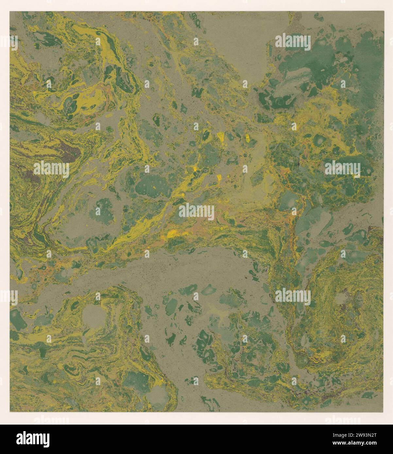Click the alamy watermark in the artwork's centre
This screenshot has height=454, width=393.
pos(196,211)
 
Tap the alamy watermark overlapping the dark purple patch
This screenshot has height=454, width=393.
pos(51,169)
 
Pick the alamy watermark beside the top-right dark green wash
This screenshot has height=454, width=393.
pos(293,42)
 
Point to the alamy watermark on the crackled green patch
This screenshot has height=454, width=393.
pos(343,169)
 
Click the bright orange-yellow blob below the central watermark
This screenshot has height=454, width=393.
pos(172,234)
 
